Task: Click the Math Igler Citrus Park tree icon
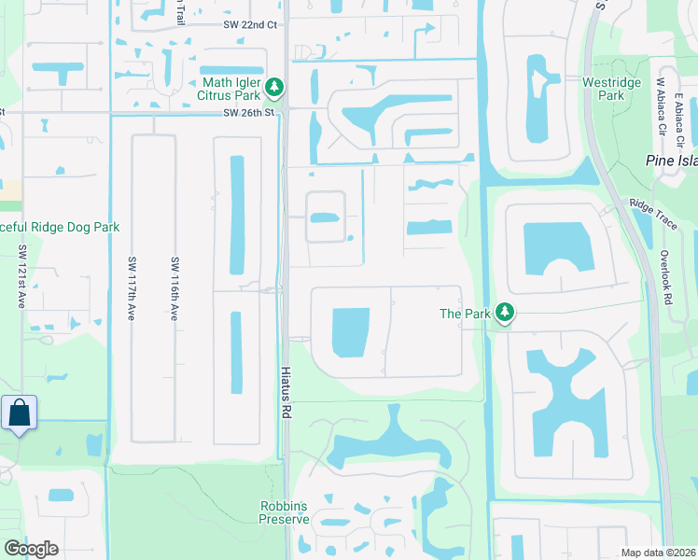[273, 88]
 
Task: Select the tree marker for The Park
[505, 314]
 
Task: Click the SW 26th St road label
[250, 114]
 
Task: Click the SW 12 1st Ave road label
[21, 277]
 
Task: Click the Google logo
[31, 549]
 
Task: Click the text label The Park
[465, 314]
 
